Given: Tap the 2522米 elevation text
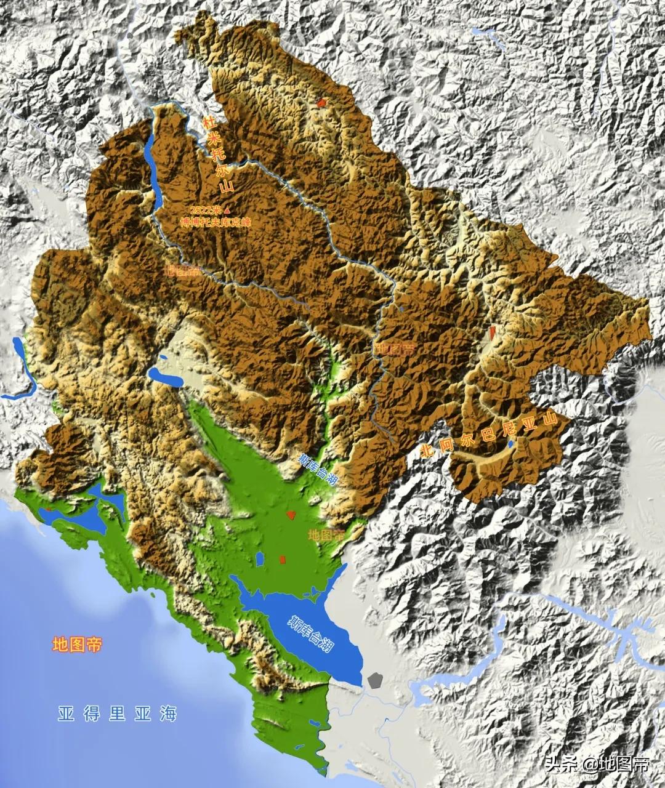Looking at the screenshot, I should click(x=204, y=210).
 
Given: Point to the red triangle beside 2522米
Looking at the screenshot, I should click(x=227, y=210).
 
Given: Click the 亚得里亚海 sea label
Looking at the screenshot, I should click(x=117, y=714).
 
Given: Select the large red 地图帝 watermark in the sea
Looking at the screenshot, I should click(x=77, y=645).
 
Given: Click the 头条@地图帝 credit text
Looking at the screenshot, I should click(x=597, y=765).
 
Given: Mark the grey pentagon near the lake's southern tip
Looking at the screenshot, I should click(x=375, y=680).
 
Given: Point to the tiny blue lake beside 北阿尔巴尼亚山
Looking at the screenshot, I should click(x=510, y=443).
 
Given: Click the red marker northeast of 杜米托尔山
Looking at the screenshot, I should click(x=321, y=103).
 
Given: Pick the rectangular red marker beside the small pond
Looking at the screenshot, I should click(x=283, y=559).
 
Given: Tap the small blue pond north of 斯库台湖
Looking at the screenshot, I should click(x=260, y=559).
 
